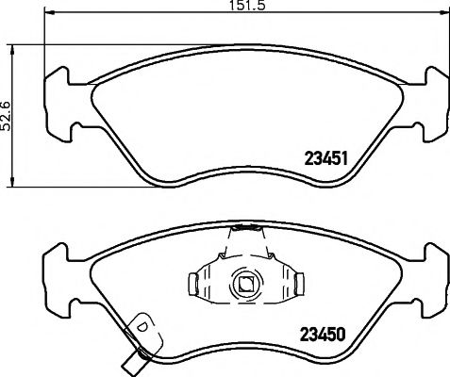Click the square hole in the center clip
244,282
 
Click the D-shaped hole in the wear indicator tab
143,327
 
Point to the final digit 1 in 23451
346,159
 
